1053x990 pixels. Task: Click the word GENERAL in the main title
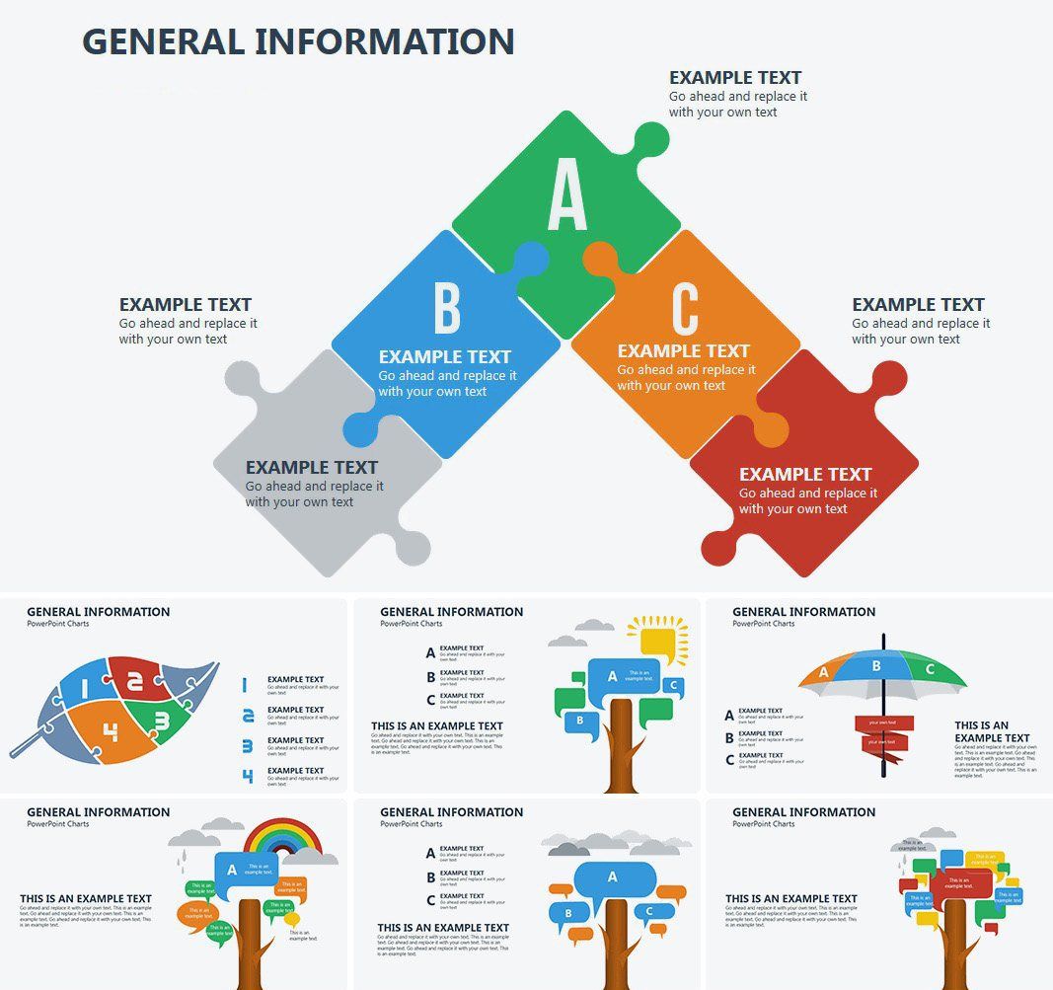[x=163, y=41]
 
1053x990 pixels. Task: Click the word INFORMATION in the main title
[x=384, y=41]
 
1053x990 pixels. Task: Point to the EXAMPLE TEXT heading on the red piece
[x=805, y=474]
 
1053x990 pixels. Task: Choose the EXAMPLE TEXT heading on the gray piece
[x=312, y=467]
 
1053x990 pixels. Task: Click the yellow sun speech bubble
[x=656, y=642]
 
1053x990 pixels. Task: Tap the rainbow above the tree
[x=284, y=840]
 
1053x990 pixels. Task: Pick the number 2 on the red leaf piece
[x=136, y=680]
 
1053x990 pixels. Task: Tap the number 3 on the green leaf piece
[x=161, y=722]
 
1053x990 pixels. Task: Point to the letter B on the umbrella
[x=875, y=666]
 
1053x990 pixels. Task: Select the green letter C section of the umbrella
[x=931, y=670]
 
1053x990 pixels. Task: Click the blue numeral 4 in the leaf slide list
[x=248, y=776]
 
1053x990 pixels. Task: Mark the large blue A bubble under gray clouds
[x=612, y=877]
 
